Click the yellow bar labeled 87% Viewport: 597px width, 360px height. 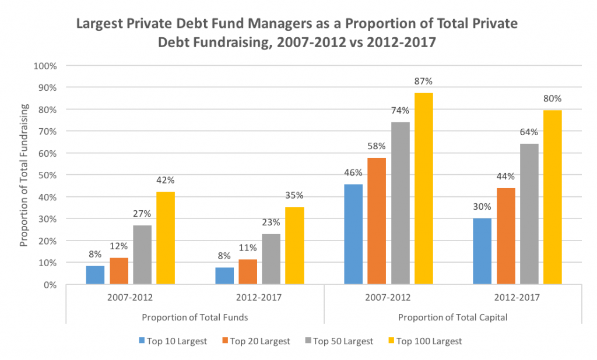click(424, 189)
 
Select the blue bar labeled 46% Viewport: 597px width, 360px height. click(353, 234)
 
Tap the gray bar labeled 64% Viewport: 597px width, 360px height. click(529, 214)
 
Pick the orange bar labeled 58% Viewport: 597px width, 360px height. click(377, 221)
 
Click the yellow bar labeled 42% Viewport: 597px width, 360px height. click(166, 238)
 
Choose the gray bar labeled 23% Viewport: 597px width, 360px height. click(271, 259)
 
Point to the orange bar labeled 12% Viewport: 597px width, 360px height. click(119, 271)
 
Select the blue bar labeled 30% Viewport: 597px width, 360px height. click(482, 251)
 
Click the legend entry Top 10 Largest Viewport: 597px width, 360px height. click(173, 341)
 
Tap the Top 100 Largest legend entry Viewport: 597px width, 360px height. click(425, 341)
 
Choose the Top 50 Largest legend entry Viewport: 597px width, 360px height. click(339, 341)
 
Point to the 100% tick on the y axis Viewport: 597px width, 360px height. click(45, 66)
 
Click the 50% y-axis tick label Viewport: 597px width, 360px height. click(48, 175)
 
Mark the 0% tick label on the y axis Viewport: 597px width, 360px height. click(50, 285)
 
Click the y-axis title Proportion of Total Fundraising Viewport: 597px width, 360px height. click(24, 175)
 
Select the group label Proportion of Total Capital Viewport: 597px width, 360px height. click(452, 317)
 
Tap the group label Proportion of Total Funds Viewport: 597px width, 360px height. click(195, 317)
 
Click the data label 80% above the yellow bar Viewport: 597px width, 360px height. click(553, 98)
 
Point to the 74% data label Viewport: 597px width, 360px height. click(400, 110)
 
